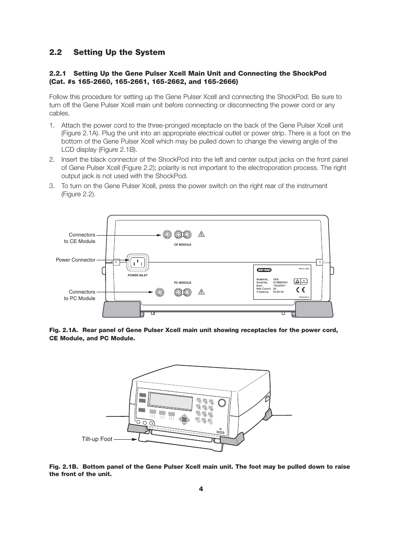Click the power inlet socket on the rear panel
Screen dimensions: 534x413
[x=137, y=262]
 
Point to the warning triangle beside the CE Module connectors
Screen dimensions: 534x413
[x=201, y=234]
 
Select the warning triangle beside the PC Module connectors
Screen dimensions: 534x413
[x=201, y=292]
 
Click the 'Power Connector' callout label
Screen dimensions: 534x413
[x=75, y=260]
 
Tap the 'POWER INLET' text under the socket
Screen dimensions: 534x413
[x=138, y=275]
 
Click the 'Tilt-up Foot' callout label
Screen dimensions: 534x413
[x=97, y=439]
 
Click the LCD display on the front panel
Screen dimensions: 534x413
[x=171, y=402]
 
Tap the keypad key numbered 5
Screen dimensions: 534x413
[x=206, y=407]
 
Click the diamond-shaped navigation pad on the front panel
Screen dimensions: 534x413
[x=184, y=419]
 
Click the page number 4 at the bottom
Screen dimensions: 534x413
[x=201, y=489]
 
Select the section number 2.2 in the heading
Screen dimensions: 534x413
[x=55, y=52]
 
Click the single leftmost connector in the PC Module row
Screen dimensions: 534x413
[x=160, y=292]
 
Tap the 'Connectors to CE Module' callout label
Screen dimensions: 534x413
[x=80, y=238]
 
